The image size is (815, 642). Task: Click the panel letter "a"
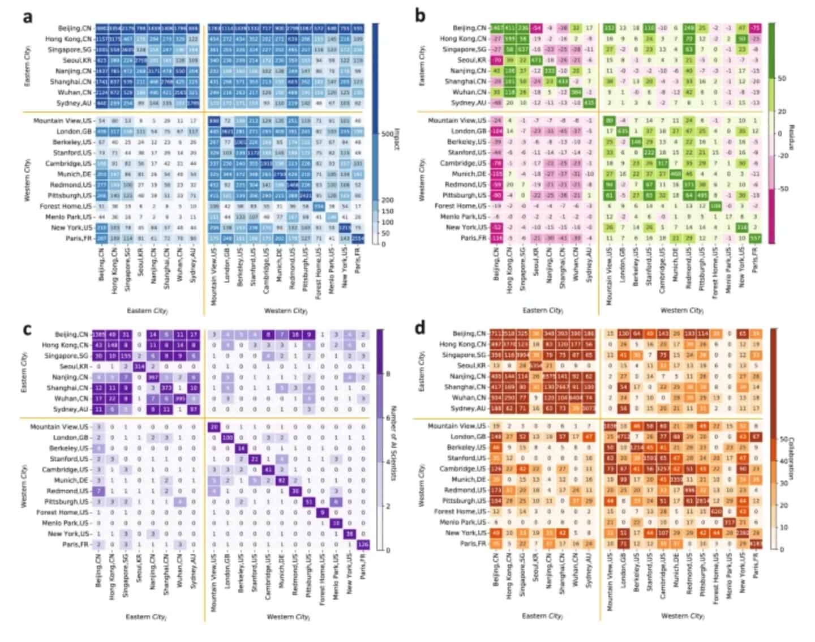click(27, 17)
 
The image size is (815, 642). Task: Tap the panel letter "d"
click(420, 327)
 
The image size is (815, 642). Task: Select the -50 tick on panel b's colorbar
click(782, 189)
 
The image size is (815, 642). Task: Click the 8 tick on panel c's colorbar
click(388, 374)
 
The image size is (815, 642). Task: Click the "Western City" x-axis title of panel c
click(287, 617)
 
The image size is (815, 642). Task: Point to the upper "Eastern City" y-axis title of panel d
click(422, 371)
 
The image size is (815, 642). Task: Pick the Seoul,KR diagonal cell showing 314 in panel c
click(139, 367)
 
